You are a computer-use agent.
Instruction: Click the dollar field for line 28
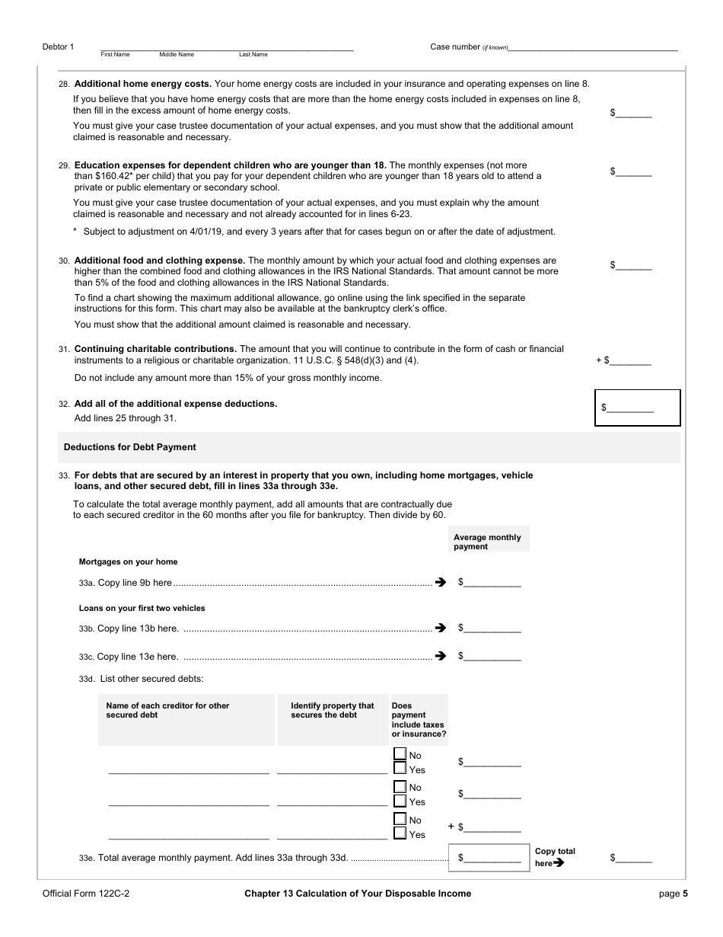(x=634, y=113)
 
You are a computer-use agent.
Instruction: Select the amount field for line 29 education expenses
(x=634, y=172)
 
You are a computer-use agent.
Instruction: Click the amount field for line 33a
(x=492, y=583)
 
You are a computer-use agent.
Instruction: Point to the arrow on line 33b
(x=440, y=628)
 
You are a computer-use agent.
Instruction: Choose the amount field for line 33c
(x=492, y=656)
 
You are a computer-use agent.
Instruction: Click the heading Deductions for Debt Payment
(x=129, y=447)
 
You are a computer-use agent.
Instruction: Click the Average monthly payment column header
(x=488, y=542)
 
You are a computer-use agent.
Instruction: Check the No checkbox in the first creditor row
(x=400, y=754)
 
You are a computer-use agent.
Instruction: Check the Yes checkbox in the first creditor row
(x=400, y=769)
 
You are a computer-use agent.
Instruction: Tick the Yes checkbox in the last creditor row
(x=400, y=833)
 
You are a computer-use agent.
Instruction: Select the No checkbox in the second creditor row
(x=400, y=786)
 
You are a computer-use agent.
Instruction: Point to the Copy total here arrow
(x=559, y=863)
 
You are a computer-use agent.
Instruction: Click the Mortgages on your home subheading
(x=128, y=561)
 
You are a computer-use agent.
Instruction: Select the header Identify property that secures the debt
(x=333, y=710)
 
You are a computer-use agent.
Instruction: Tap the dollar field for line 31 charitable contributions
(x=629, y=360)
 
